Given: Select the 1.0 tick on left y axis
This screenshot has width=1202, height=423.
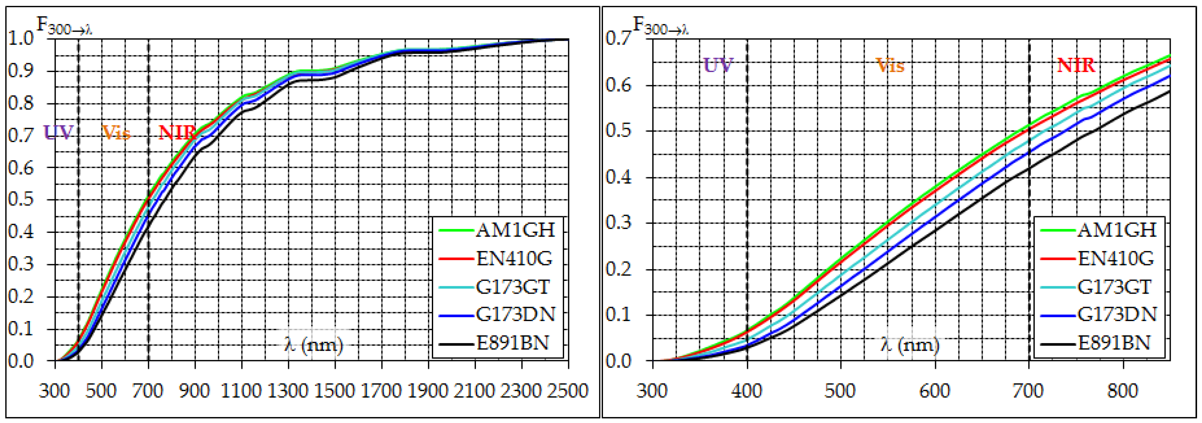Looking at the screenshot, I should [x=21, y=38].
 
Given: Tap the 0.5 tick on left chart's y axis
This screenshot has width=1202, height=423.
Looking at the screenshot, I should [x=21, y=200].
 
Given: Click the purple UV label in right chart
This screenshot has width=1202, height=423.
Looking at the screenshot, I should [x=718, y=66].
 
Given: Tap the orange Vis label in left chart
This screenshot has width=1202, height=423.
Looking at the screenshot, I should [x=116, y=134].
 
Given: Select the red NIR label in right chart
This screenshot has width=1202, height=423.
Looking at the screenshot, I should [x=1076, y=66].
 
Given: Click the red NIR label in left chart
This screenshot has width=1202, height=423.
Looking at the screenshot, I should [x=177, y=134].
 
